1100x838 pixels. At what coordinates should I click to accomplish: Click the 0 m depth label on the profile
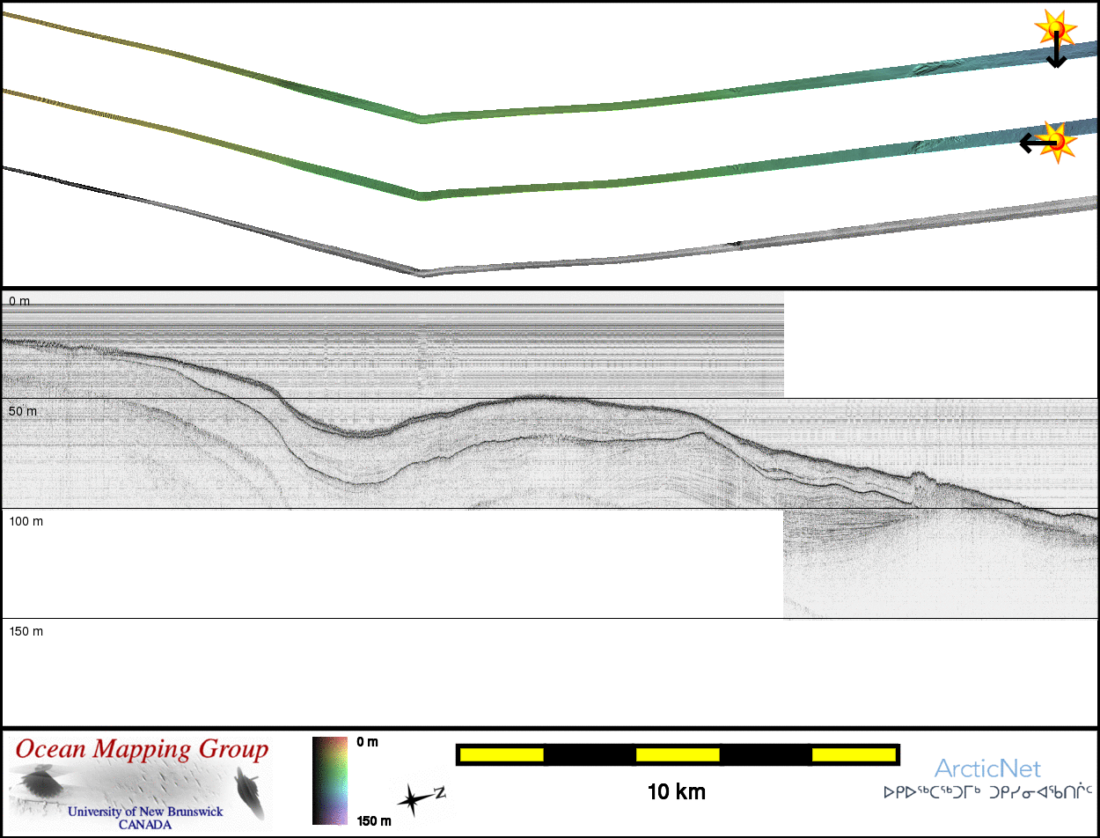tap(19, 301)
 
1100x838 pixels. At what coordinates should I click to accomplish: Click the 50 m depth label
tap(23, 411)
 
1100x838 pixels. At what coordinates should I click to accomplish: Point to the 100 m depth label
tap(26, 521)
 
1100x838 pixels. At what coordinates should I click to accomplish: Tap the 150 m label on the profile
tap(26, 631)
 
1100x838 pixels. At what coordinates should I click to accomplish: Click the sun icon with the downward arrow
tap(1055, 28)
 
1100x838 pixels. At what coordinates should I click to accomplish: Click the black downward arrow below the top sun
tap(1056, 49)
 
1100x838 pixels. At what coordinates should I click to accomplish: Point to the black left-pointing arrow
tap(1038, 143)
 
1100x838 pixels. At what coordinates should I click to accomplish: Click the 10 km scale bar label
tap(677, 792)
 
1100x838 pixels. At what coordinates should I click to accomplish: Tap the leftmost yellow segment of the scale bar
tap(502, 754)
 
